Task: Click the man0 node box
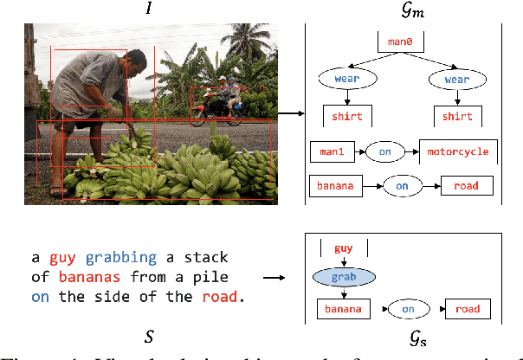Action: (x=399, y=42)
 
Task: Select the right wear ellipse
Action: (x=457, y=79)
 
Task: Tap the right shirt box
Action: (x=457, y=116)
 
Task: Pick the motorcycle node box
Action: (x=458, y=151)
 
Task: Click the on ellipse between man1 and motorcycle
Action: (x=385, y=151)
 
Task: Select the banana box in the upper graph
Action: (x=335, y=185)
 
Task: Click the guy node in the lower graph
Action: (x=342, y=248)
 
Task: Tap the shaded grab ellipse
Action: (x=344, y=279)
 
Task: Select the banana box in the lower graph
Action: (x=342, y=309)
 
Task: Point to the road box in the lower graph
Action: (x=468, y=309)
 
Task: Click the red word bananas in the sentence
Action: (x=85, y=277)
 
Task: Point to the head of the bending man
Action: (x=136, y=61)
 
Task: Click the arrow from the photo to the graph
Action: (x=292, y=113)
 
